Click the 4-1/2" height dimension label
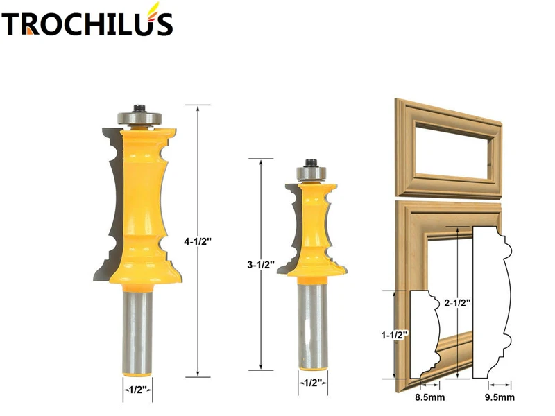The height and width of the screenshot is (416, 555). point(198,242)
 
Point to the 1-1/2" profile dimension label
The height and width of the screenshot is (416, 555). point(394,335)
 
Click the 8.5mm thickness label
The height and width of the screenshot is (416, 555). point(426,397)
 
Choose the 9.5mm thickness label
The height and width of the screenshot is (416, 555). point(500,397)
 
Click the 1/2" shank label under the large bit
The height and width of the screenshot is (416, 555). point(137,389)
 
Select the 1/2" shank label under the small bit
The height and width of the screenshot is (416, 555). point(309,381)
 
